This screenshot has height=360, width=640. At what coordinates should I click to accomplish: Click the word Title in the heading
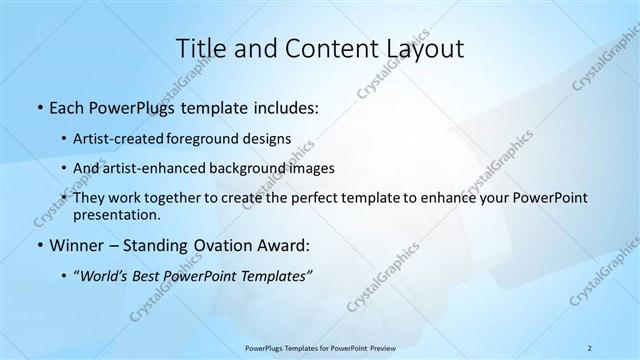tap(200, 48)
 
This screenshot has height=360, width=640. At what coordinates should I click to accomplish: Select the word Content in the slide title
tap(320, 48)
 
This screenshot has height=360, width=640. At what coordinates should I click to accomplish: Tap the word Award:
tap(288, 245)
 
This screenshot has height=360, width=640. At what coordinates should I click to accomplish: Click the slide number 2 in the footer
tap(590, 347)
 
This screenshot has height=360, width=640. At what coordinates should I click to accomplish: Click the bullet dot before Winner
tap(39, 245)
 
